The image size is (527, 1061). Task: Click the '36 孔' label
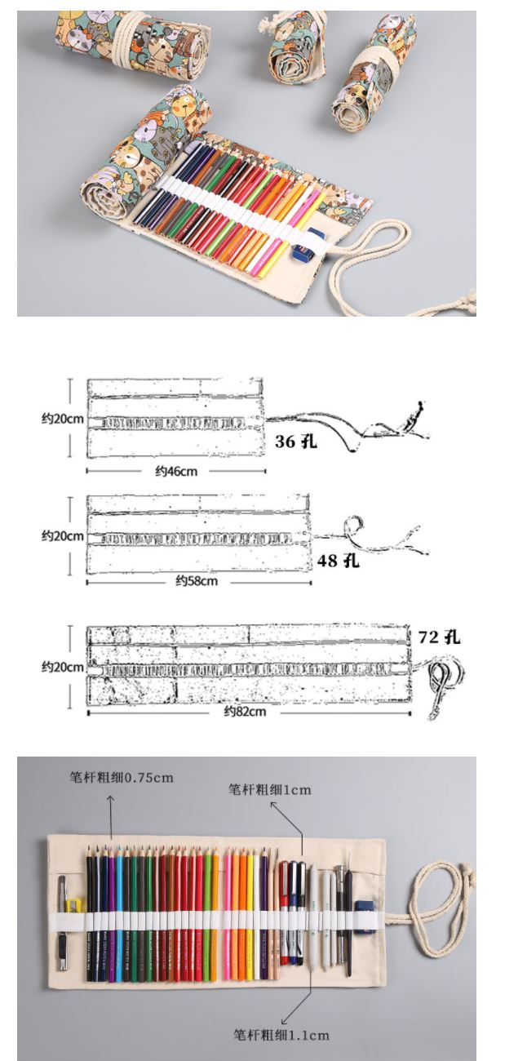296,442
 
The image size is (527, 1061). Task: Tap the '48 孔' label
338,561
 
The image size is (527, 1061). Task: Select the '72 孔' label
439,637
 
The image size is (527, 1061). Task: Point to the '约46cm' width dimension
176,471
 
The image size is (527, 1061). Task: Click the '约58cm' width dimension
197,581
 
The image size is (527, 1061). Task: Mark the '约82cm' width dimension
245,711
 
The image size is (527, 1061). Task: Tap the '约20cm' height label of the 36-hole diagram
63,419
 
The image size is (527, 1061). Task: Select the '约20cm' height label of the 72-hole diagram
63,667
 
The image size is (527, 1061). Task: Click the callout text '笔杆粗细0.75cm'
122,777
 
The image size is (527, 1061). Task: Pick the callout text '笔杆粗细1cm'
270,789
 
